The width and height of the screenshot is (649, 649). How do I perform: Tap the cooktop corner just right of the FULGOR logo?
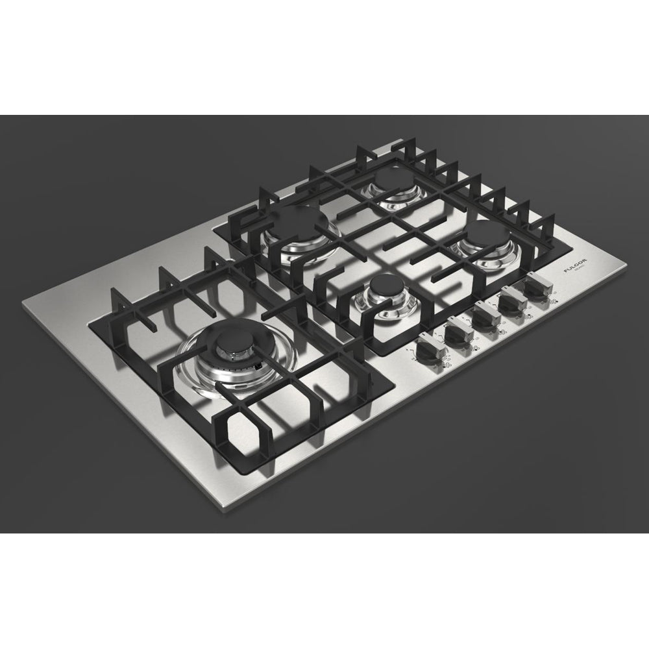click(x=628, y=263)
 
